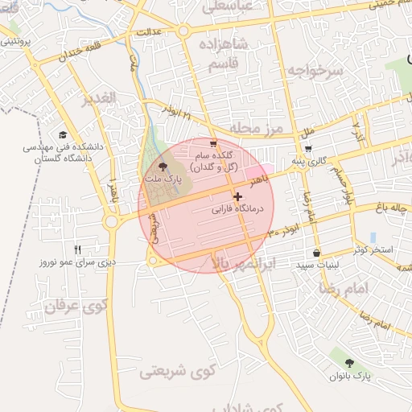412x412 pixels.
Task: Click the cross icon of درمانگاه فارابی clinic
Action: (237, 196)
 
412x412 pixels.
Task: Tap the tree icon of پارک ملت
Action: (164, 166)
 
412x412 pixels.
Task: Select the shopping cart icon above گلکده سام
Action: (212, 144)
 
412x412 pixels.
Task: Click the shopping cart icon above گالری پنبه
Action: (308, 149)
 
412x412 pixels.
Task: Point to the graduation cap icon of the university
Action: (63, 135)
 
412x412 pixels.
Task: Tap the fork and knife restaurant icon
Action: (78, 249)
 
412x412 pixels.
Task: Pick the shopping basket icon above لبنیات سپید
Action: (316, 253)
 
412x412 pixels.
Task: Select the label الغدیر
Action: (99, 98)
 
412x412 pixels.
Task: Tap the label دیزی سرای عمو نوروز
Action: (79, 262)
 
